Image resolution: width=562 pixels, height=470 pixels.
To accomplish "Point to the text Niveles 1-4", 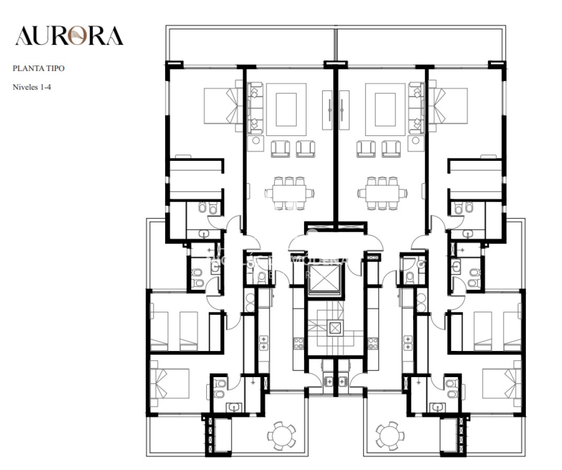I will [x=31, y=87].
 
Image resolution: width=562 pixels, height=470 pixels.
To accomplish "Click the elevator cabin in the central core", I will [x=324, y=280].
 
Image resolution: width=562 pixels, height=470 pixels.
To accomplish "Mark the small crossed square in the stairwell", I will [x=334, y=328].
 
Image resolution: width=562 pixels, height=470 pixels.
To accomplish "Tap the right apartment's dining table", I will [x=382, y=193].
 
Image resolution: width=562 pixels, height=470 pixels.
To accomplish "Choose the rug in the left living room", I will [x=286, y=110].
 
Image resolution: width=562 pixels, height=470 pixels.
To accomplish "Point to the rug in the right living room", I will [x=385, y=110].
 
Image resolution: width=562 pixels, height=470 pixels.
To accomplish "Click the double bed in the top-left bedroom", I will [x=220, y=106].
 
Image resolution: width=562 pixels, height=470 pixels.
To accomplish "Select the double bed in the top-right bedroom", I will [x=450, y=106].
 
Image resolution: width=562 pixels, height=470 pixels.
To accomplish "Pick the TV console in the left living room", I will [x=327, y=110].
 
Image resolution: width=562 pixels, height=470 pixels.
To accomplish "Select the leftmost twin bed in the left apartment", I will [x=159, y=331].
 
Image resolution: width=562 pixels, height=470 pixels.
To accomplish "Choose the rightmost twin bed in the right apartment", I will [x=512, y=331].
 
